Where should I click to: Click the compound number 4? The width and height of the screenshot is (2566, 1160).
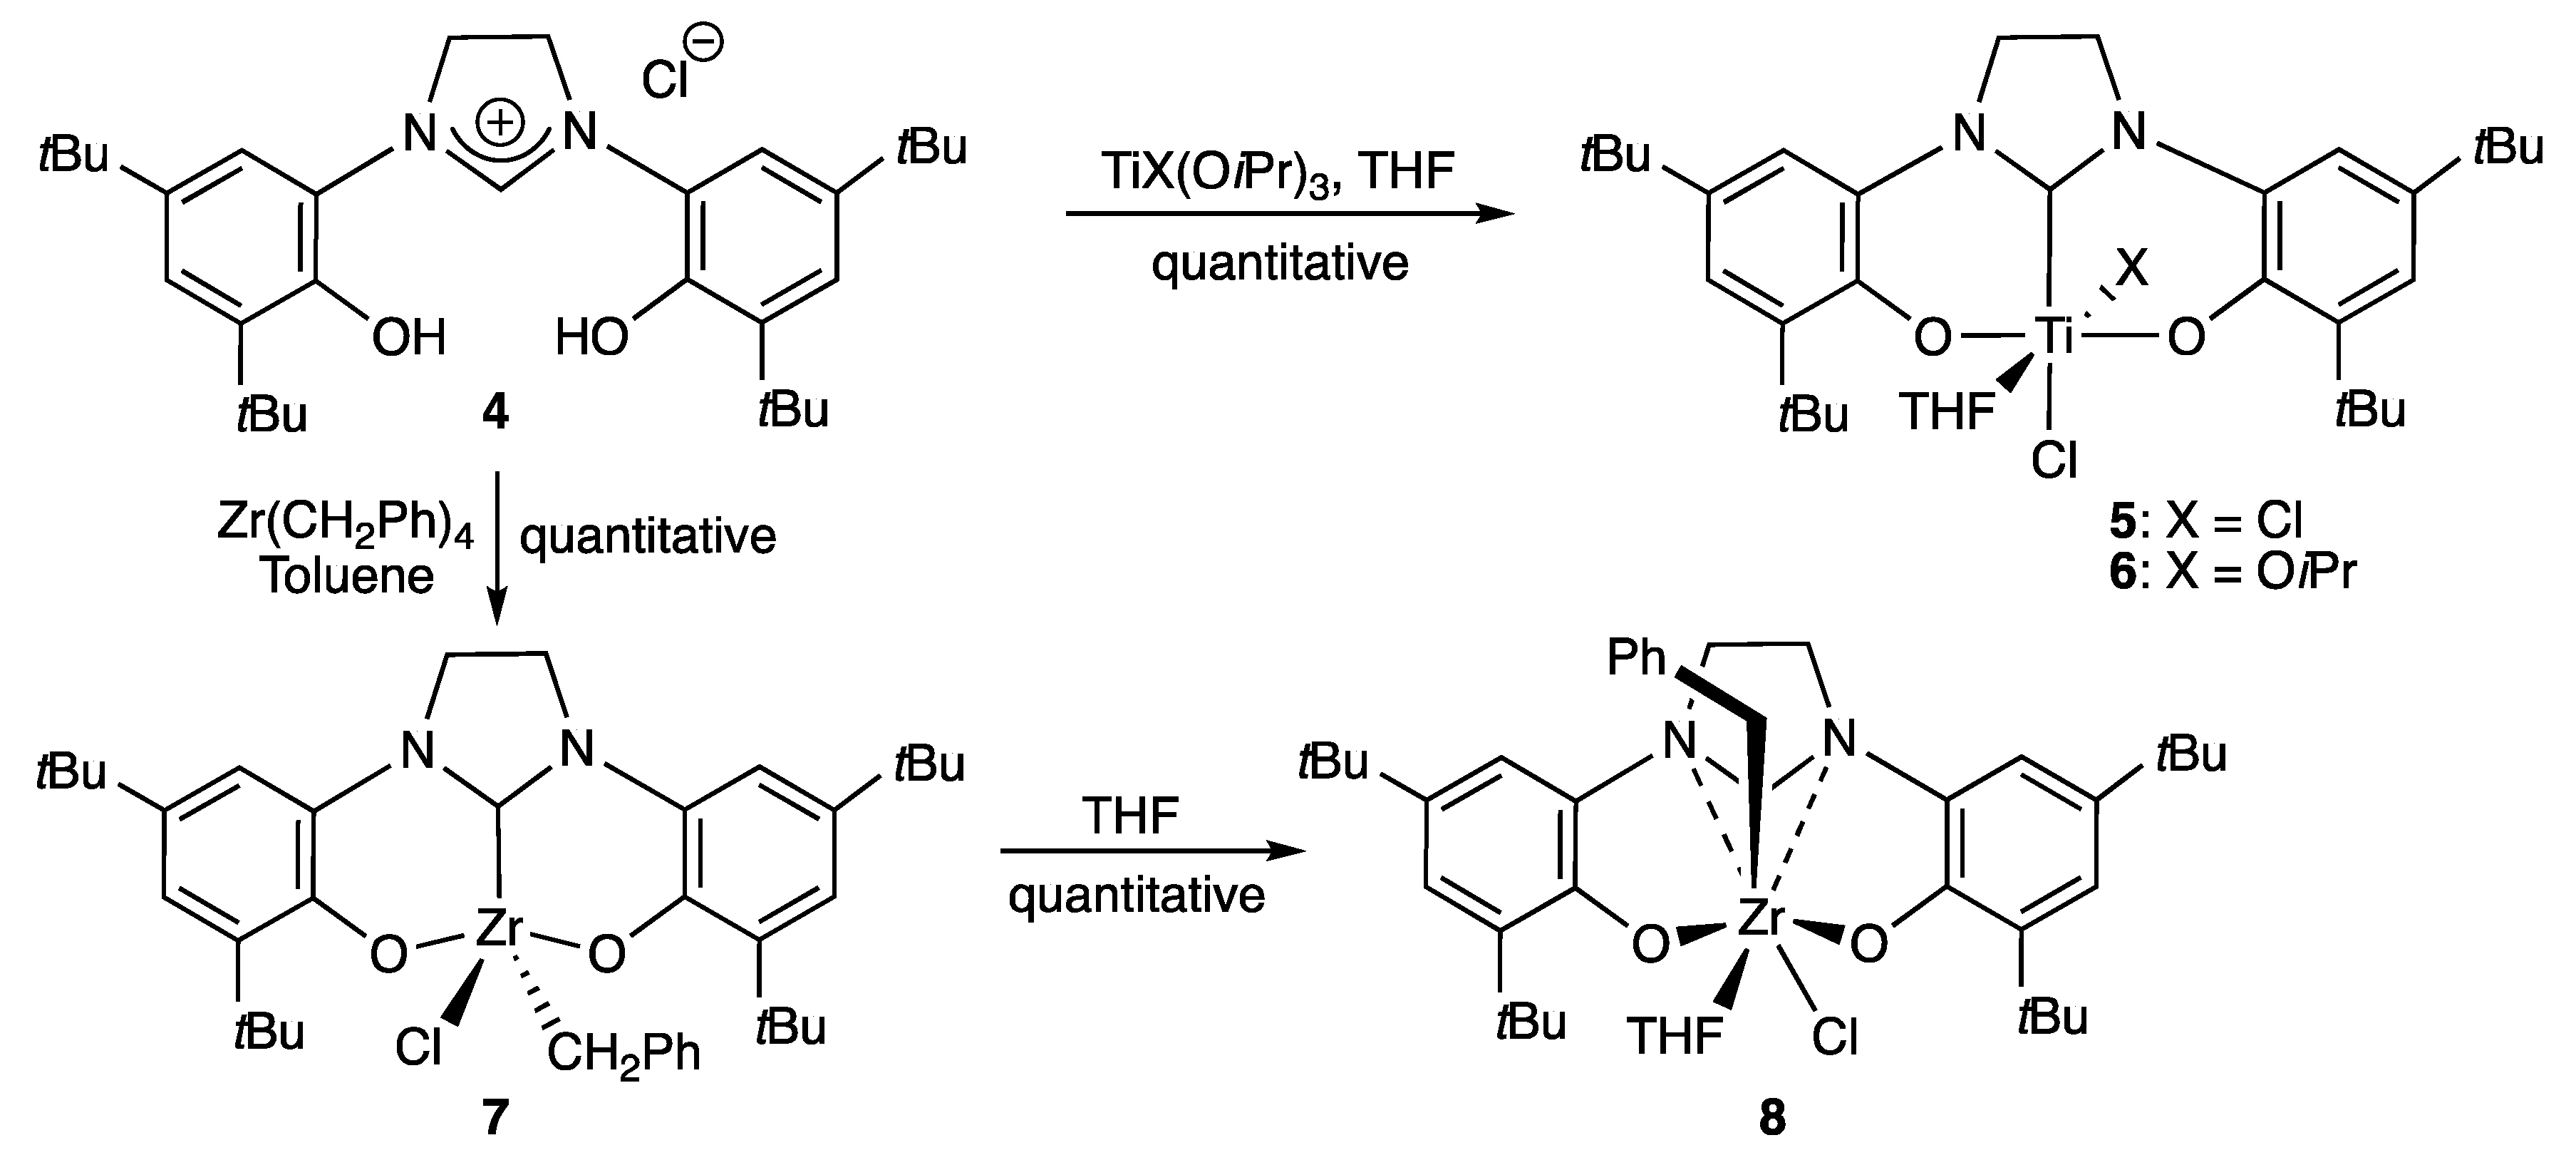495,411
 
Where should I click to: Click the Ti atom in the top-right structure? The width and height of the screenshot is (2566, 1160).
2053,337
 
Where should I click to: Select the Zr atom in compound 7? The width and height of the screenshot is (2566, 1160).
498,929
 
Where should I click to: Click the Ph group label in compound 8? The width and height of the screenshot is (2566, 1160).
1637,659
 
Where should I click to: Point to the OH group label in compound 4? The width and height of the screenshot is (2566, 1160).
408,338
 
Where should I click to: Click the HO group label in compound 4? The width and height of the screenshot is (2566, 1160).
591,338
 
